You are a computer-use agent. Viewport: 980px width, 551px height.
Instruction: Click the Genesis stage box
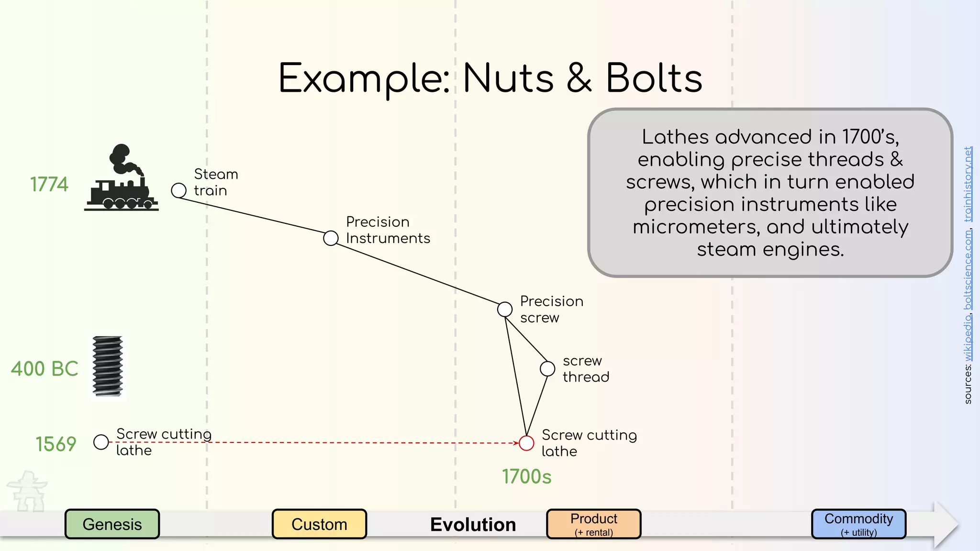coord(112,524)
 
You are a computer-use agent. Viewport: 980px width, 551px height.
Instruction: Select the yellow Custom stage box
coord(319,524)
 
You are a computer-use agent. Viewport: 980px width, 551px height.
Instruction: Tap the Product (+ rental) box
coord(593,524)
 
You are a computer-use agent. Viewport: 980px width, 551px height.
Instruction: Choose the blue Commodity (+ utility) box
coord(858,524)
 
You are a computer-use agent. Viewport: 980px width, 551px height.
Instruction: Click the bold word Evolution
coord(473,525)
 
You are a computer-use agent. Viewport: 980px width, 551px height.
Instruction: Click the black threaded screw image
coord(108,367)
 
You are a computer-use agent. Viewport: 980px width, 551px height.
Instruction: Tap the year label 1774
coord(49,185)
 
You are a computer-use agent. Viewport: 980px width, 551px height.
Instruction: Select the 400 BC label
coord(45,369)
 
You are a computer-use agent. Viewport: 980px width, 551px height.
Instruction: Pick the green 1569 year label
coord(56,444)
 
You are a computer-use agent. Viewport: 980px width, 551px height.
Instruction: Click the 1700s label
coord(526,477)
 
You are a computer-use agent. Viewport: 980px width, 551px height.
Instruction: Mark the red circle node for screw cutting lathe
coord(526,443)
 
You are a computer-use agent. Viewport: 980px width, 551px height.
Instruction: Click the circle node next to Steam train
coord(178,190)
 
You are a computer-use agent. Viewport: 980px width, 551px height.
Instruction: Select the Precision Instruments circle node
coord(331,238)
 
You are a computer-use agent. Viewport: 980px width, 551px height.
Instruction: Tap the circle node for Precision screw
coord(505,309)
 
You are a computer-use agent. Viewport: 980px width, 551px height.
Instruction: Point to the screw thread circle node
coord(547,369)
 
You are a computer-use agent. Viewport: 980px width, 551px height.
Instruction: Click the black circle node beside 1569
coord(101,442)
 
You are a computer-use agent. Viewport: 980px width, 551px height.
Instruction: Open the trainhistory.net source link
coord(968,184)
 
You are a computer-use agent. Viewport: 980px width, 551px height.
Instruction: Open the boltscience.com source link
coord(968,270)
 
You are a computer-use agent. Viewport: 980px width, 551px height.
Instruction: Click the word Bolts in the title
coord(654,78)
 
